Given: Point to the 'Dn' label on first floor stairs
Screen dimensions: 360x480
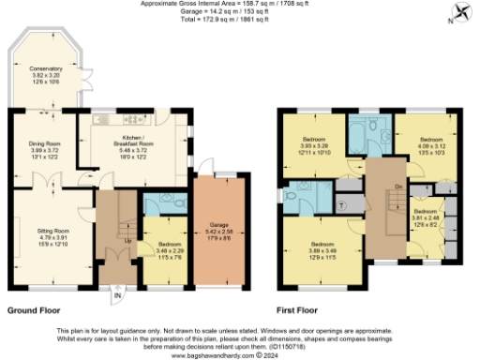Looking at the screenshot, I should coord(398,185).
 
